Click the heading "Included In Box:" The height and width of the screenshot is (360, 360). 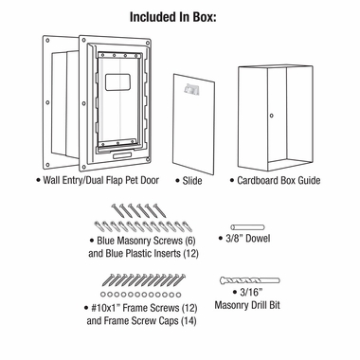[179, 16]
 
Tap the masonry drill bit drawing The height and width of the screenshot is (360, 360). [250, 281]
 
